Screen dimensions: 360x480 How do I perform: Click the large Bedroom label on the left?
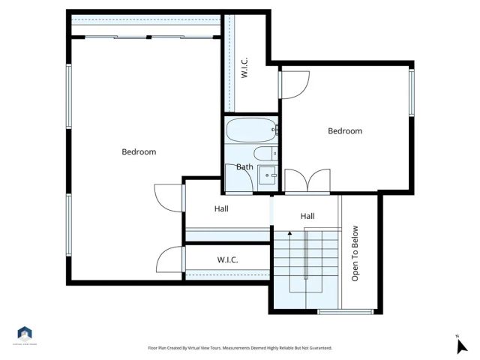[139, 152]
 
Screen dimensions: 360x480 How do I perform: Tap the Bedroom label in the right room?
[345, 131]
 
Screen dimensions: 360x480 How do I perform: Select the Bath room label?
[244, 166]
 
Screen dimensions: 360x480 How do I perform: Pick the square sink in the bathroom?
[267, 177]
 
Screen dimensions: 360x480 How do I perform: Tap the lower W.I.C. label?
[227, 260]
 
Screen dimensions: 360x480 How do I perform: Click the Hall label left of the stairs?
[221, 209]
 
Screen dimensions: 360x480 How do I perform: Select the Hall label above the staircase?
[307, 216]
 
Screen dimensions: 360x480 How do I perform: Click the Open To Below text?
[355, 253]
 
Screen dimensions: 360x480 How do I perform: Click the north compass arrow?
[462, 345]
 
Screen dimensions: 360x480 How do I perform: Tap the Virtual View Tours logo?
[25, 334]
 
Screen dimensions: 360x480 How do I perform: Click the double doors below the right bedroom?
[307, 182]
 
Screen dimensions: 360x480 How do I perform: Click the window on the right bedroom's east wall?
[411, 91]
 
